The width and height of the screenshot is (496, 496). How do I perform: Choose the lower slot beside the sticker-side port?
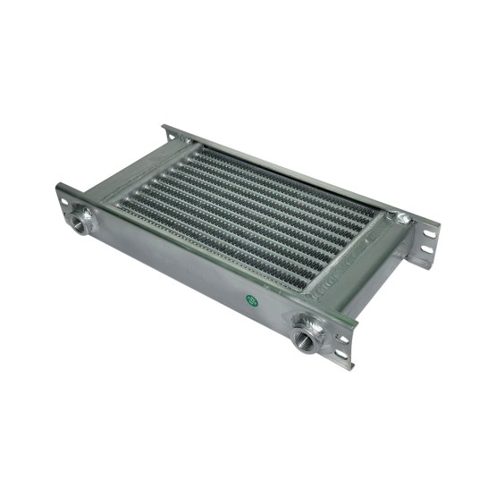(340, 350)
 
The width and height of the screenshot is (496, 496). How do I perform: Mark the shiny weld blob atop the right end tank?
(403, 216)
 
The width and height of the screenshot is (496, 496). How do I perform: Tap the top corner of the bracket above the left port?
(61, 186)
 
